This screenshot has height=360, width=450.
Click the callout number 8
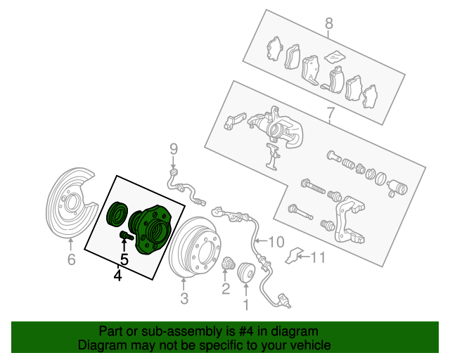point(329,23)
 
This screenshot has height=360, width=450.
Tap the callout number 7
point(330,113)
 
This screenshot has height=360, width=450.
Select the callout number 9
point(174,149)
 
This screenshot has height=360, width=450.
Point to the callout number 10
point(276,242)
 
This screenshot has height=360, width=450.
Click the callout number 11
point(318,257)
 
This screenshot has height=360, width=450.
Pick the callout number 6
point(71,259)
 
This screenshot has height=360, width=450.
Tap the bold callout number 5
point(124,259)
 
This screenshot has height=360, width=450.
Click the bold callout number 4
point(117,276)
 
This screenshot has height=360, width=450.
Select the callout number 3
point(184,298)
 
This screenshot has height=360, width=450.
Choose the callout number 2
point(226,289)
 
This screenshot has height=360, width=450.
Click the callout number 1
point(246,304)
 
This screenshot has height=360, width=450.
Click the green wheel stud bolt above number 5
point(126,236)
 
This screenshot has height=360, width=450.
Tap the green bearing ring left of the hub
point(117,214)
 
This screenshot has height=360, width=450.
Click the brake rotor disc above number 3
point(195,247)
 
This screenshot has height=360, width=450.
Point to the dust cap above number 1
point(246,271)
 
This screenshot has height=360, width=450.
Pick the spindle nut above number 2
point(229,263)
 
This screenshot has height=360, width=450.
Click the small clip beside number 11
point(292,255)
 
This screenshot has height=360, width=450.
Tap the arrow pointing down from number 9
point(173,162)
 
